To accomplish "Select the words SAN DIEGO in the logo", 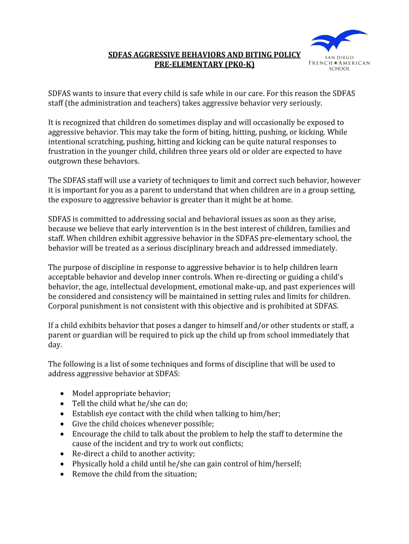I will click(x=340, y=57).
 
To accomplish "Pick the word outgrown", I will click(x=66, y=161).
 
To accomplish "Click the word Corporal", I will click(x=64, y=306).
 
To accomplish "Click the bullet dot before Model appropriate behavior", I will click(x=63, y=394).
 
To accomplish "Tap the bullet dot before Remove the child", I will click(x=63, y=473).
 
